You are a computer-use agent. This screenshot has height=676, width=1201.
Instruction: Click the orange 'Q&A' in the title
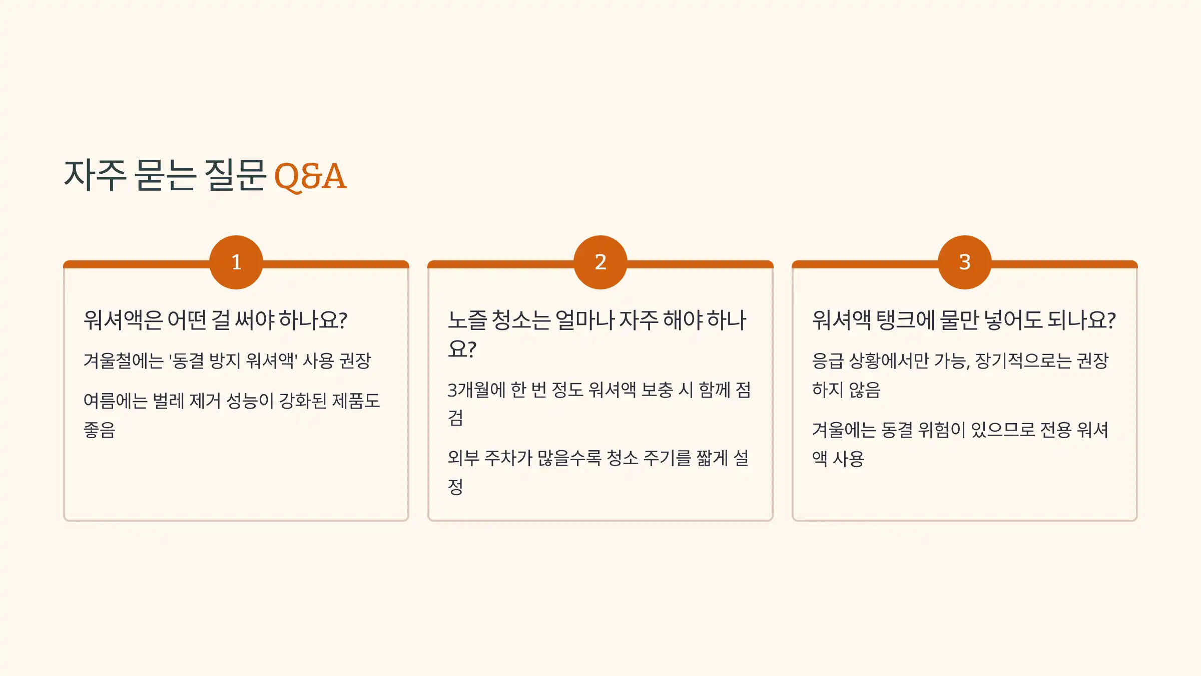coord(310,176)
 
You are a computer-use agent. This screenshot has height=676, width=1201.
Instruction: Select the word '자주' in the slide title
coord(95,175)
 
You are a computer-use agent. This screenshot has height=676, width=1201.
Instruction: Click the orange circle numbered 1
coord(236,262)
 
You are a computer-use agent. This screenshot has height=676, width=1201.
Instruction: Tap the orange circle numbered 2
coord(600,262)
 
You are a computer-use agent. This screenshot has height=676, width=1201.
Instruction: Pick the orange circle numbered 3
coord(965,262)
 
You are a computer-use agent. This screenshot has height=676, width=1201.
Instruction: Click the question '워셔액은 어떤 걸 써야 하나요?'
coord(215,320)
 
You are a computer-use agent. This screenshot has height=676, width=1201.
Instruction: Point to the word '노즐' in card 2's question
coord(467,320)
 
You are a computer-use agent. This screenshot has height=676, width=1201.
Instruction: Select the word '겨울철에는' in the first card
coord(124,361)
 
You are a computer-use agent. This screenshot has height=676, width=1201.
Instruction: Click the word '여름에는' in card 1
coord(115,401)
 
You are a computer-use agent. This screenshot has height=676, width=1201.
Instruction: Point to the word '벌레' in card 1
coord(169,401)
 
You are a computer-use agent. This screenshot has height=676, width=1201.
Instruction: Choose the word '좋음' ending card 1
coord(100,430)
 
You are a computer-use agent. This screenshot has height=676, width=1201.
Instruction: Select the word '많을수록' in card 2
coord(569,458)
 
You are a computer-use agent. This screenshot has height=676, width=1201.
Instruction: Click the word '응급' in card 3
coord(828,361)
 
